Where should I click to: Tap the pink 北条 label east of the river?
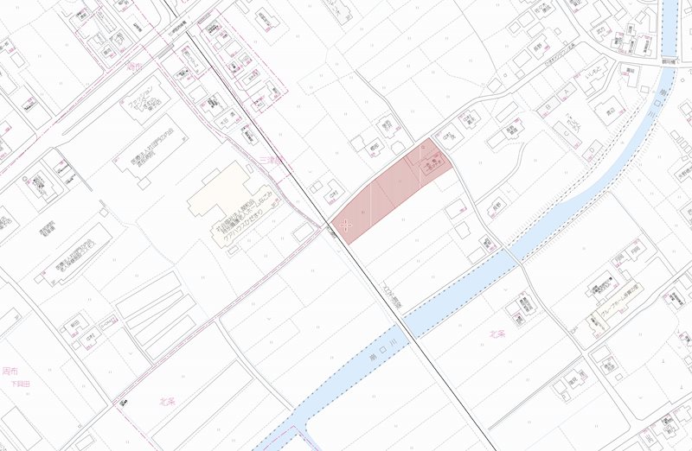496,333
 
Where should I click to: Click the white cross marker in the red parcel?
347,225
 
